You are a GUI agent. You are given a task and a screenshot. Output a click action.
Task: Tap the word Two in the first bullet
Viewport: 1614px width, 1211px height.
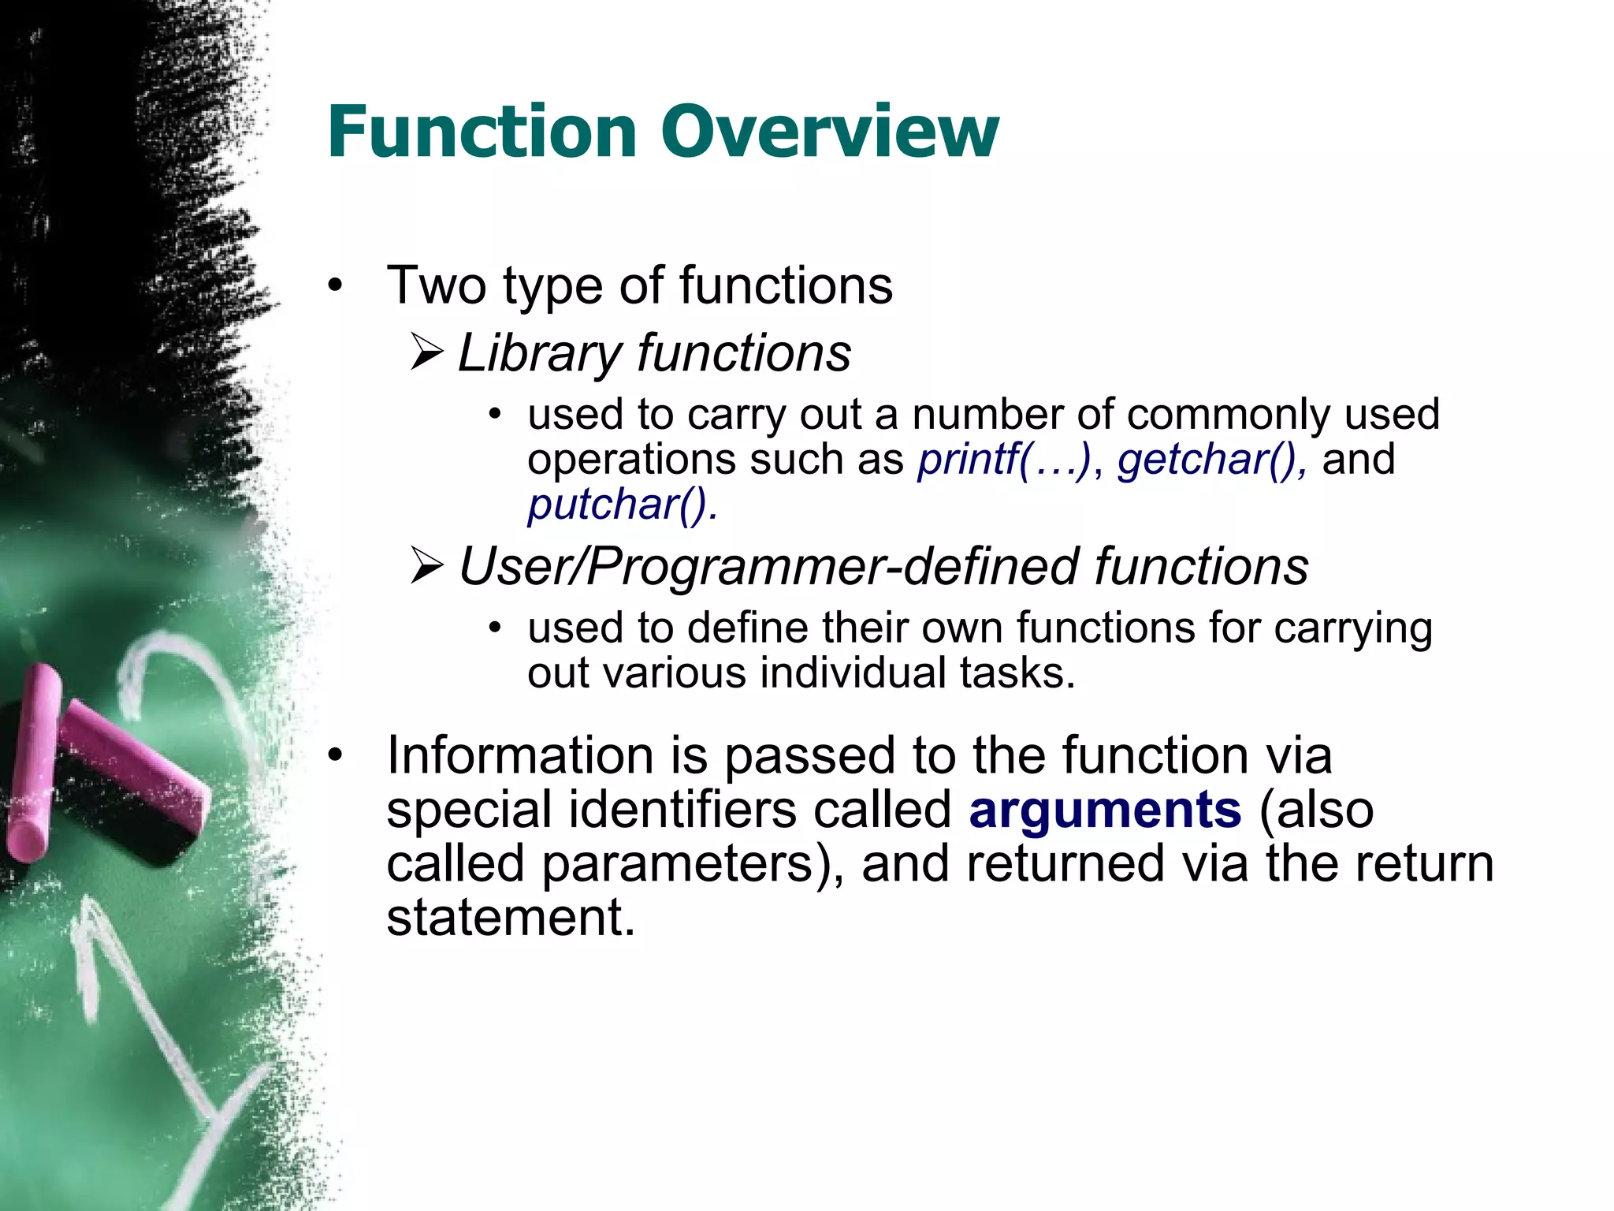(x=436, y=285)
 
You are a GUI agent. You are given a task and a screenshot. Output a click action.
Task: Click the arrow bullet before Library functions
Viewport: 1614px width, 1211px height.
(x=427, y=352)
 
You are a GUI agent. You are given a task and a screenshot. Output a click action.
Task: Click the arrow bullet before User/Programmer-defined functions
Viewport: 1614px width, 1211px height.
(x=427, y=567)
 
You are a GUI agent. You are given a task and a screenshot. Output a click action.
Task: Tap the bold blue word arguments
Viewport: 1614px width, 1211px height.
(x=1105, y=810)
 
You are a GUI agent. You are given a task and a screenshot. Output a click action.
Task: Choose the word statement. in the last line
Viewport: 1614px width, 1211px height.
(x=511, y=918)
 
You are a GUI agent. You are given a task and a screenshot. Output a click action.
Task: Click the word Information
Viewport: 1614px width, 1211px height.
(x=520, y=755)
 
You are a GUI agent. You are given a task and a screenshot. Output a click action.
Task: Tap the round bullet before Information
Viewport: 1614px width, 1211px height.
(x=336, y=755)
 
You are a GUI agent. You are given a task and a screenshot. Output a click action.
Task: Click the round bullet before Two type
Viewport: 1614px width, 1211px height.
(x=336, y=285)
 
